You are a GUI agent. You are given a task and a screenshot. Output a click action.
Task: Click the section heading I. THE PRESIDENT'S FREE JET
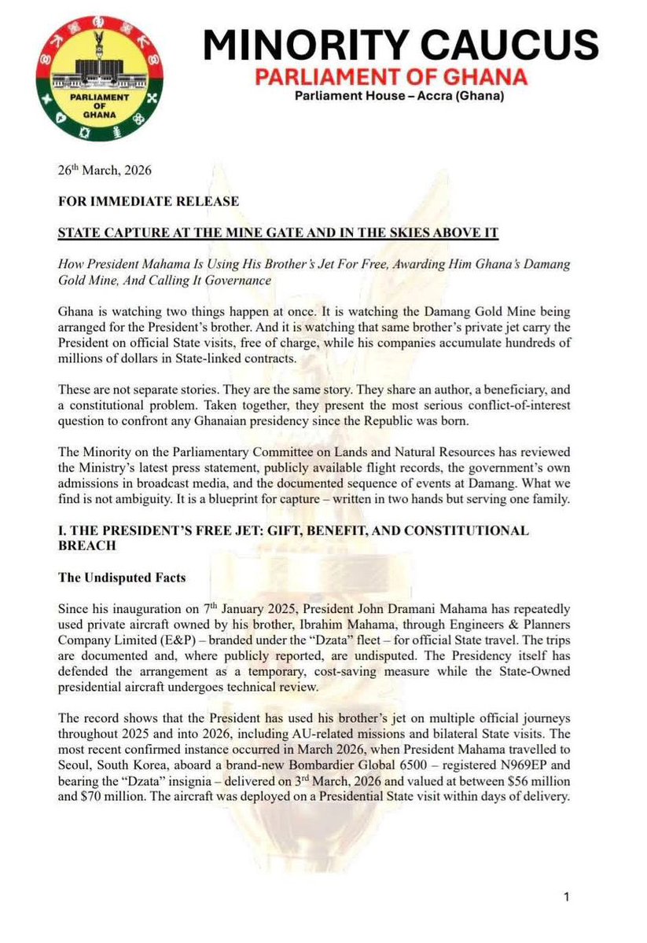pyautogui.click(x=293, y=532)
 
